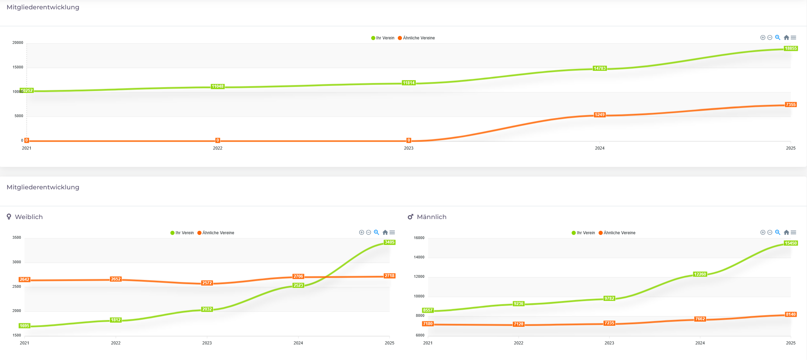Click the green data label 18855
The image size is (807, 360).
[x=790, y=48]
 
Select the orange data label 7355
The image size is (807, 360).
[x=790, y=104]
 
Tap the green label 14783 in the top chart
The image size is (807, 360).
[x=600, y=68]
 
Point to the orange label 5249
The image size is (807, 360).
[x=600, y=115]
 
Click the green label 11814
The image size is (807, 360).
[x=409, y=83]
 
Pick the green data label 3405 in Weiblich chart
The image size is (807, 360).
[x=390, y=242]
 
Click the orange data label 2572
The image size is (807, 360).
[x=207, y=283]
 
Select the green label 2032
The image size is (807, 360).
[x=207, y=309]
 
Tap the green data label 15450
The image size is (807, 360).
[x=790, y=243]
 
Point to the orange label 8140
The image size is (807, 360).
[x=790, y=314]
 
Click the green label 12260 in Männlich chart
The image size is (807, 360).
[x=700, y=274]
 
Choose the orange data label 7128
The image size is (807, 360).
[x=518, y=324]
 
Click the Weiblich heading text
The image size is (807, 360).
[x=29, y=217]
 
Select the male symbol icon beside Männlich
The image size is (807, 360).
[x=411, y=217]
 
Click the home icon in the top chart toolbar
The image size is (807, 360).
[x=786, y=38]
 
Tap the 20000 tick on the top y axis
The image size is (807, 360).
[x=18, y=43]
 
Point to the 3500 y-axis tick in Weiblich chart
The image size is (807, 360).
[x=17, y=238]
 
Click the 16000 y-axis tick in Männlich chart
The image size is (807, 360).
[x=419, y=238]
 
